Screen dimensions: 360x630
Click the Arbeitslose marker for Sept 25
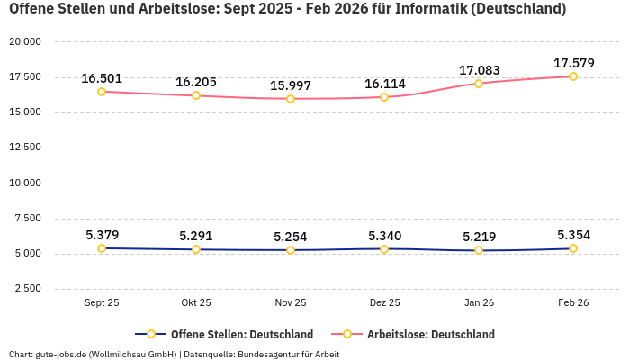tap(102, 92)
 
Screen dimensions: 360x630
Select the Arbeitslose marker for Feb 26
tap(573, 76)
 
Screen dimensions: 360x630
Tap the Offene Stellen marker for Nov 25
tap(291, 250)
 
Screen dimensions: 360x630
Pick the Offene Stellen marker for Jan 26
tap(479, 250)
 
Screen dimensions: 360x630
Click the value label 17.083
tap(479, 70)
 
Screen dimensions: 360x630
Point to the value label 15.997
tap(291, 85)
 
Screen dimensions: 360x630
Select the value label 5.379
tap(102, 235)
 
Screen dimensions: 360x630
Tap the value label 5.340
tap(385, 236)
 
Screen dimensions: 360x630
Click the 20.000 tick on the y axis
tap(25, 42)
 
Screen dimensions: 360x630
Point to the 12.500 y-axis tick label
tap(25, 148)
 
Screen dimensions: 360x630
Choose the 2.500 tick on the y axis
tap(28, 289)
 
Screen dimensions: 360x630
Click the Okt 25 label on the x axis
tap(196, 303)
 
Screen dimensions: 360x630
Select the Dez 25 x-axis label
tap(385, 303)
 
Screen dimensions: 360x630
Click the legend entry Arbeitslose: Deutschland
tap(430, 334)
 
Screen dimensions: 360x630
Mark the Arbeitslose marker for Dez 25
tap(385, 97)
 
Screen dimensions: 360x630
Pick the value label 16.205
tap(196, 82)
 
